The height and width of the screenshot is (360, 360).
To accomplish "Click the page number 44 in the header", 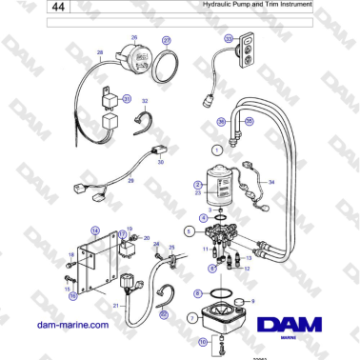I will tap(60, 7).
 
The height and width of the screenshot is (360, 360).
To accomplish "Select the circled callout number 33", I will tap(228, 38).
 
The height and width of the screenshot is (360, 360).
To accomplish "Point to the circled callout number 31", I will tap(126, 98).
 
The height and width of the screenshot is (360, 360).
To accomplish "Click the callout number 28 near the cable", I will tap(100, 53).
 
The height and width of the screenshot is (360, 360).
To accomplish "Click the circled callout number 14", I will tap(95, 230).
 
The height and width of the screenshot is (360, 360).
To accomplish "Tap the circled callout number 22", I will tap(162, 314).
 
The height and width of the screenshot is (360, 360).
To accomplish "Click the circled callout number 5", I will tap(190, 230).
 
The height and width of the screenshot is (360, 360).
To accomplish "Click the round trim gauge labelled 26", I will tap(137, 61).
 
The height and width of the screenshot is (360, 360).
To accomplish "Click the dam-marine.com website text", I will tap(73, 326).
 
